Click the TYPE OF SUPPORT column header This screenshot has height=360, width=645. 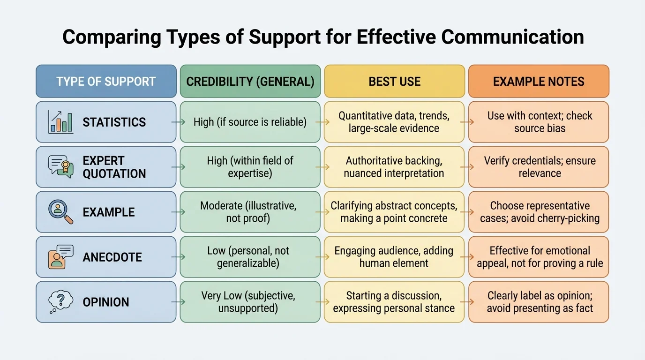click(x=106, y=81)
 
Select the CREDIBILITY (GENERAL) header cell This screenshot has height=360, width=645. click(x=250, y=81)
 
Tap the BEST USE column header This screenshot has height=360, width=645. click(x=394, y=81)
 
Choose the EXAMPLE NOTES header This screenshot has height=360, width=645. click(x=539, y=81)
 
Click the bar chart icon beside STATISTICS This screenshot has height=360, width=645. click(x=61, y=122)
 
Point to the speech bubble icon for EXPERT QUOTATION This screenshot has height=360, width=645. click(x=61, y=167)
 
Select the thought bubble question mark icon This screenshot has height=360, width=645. click(x=61, y=302)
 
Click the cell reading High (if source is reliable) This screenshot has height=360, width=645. click(x=250, y=122)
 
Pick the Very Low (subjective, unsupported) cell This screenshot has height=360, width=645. click(x=250, y=302)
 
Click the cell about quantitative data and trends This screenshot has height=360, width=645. click(x=394, y=122)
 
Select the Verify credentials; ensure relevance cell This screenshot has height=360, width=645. click(x=539, y=167)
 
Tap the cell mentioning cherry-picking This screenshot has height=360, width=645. click(x=539, y=212)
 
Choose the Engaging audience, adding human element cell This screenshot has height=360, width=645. click(x=394, y=257)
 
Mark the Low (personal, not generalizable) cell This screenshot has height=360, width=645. click(x=250, y=257)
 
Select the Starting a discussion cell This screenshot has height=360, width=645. click(x=394, y=302)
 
